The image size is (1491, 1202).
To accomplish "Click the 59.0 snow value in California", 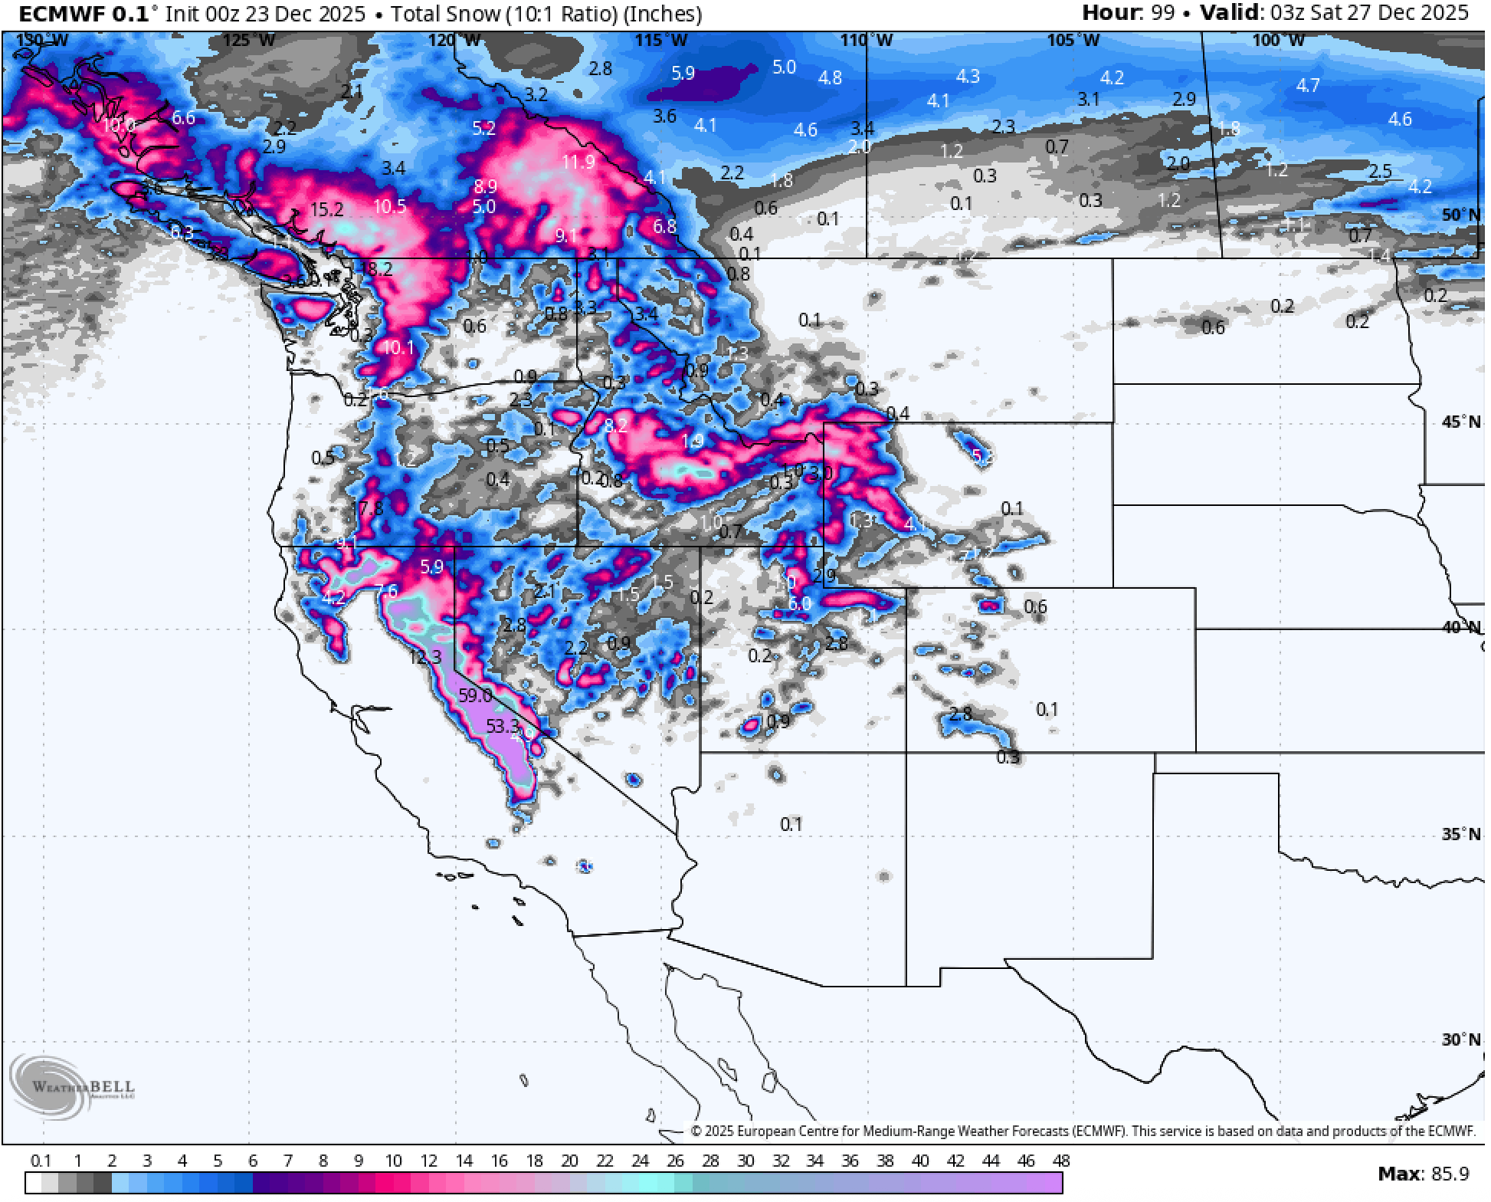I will click(475, 696).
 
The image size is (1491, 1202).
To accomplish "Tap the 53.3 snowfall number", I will click(503, 725).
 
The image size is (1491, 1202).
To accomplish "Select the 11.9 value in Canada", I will click(578, 162).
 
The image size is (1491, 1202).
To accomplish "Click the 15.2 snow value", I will click(326, 209).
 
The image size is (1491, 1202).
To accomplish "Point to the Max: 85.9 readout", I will click(1423, 1174).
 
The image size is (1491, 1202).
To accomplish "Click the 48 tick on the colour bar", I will click(1060, 1161).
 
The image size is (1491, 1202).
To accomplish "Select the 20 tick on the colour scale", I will click(569, 1161).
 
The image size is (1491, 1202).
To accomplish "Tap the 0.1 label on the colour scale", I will click(40, 1161).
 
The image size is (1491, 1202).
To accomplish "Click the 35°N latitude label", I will click(1460, 834).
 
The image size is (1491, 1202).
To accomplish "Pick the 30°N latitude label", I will click(1460, 1039).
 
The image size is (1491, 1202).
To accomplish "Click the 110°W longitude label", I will click(867, 40).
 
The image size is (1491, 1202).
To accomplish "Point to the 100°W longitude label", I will click(1278, 40).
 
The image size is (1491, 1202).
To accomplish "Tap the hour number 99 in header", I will click(1162, 13).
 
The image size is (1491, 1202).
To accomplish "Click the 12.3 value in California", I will click(425, 658).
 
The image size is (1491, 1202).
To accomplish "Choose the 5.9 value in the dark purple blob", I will click(683, 74).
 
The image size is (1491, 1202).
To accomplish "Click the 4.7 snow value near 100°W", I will click(1308, 85).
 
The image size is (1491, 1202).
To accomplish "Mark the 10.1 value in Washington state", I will click(398, 348).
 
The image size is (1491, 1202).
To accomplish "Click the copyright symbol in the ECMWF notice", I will click(696, 1131).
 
